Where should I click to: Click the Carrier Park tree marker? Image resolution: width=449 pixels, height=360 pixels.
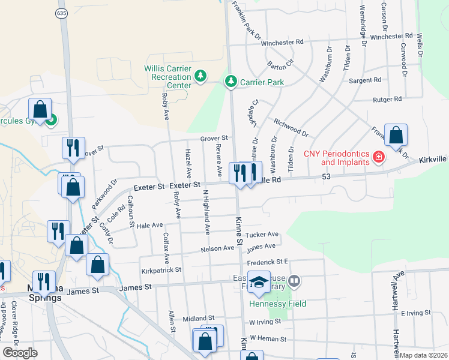pyautogui.click(x=230, y=82)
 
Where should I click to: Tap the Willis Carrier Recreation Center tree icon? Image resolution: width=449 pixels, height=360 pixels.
pyautogui.click(x=200, y=76)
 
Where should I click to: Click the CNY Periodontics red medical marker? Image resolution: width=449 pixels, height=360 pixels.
pyautogui.click(x=378, y=158)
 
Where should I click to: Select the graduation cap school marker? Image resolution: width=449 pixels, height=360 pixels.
pyautogui.click(x=259, y=283)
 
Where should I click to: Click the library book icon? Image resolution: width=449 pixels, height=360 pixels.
pyautogui.click(x=294, y=280)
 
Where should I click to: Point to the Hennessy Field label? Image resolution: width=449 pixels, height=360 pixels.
pyautogui.click(x=278, y=304)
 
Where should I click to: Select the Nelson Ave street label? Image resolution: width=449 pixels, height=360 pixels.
pyautogui.click(x=217, y=248)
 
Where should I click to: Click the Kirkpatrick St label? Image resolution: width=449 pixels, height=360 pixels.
pyautogui.click(x=161, y=271)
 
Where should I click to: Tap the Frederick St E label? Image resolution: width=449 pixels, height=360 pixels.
pyautogui.click(x=268, y=262)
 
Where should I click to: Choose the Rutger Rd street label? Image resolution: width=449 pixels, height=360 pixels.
pyautogui.click(x=387, y=99)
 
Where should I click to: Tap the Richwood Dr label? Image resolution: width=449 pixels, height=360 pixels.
pyautogui.click(x=291, y=127)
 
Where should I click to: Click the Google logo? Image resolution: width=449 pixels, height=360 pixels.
pyautogui.click(x=20, y=353)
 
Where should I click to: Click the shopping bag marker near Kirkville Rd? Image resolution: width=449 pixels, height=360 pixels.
pyautogui.click(x=396, y=136)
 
